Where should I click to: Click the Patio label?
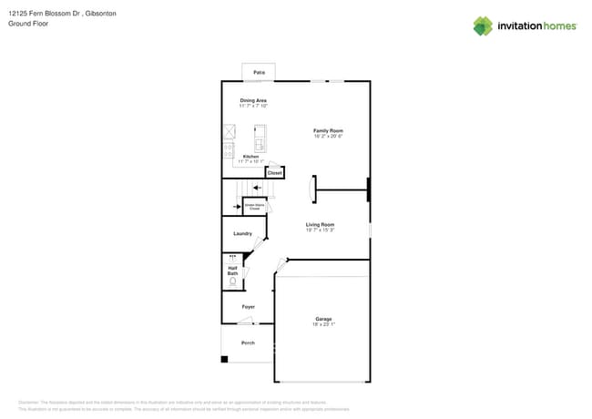(x=259, y=71)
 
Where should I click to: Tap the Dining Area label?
(x=253, y=100)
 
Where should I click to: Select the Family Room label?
(x=328, y=131)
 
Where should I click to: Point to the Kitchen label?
(x=250, y=157)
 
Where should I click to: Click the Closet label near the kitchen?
(x=274, y=172)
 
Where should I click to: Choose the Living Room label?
(x=320, y=224)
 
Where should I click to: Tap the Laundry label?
(x=242, y=233)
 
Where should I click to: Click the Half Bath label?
(x=232, y=270)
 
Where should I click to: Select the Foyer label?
(x=248, y=307)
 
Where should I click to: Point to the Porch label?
(x=248, y=342)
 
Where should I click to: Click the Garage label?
(x=323, y=318)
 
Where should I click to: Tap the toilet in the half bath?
(x=232, y=282)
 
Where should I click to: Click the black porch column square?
(x=225, y=359)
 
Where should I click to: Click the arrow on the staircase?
(x=258, y=189)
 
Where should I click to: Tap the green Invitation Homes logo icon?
(x=483, y=26)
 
